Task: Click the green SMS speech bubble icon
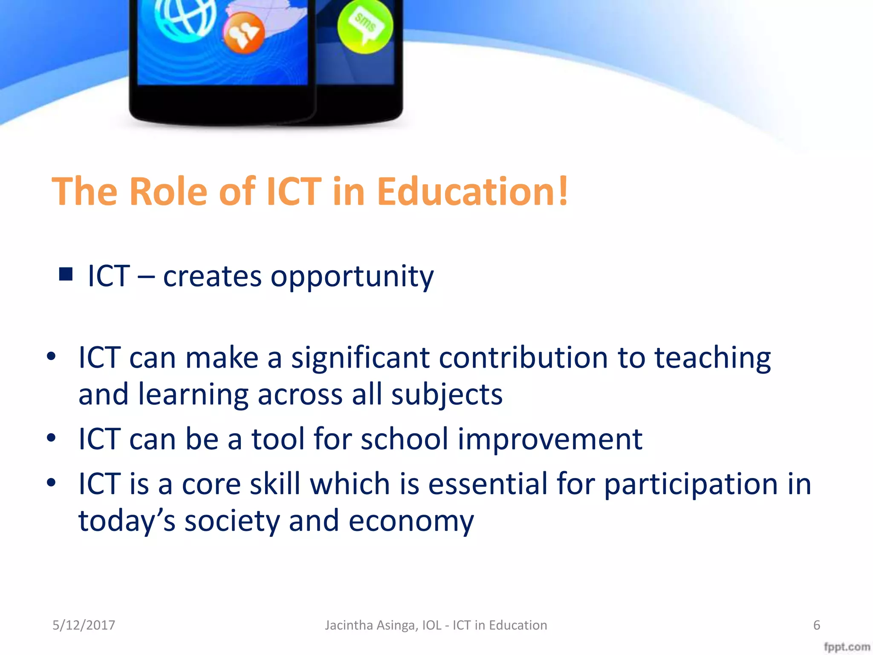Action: [365, 26]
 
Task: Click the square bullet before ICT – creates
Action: [66, 274]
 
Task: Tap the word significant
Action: [360, 357]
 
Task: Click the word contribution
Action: [523, 357]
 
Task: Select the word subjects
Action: [447, 395]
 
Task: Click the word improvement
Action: [550, 439]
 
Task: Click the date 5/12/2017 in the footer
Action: [84, 625]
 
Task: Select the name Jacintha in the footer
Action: [349, 625]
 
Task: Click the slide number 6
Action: [816, 625]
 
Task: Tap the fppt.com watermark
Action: [847, 646]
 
